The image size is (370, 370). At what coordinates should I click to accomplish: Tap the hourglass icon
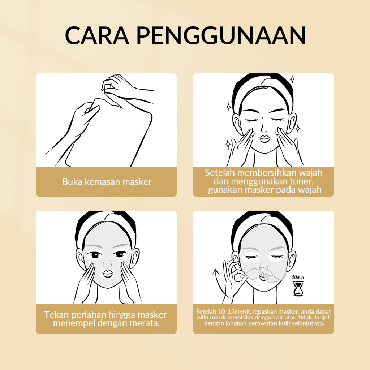point(297,289)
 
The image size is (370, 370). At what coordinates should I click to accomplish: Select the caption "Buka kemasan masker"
point(107,182)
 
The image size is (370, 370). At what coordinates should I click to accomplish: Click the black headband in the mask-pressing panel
point(105,220)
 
